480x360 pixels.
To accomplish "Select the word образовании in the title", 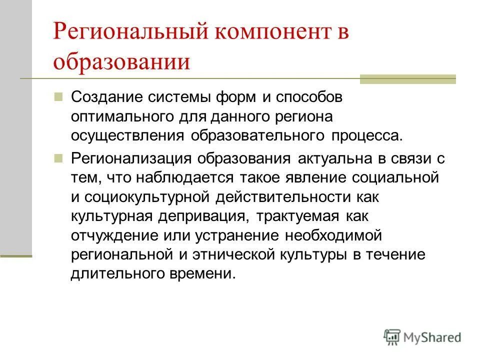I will tap(122, 62).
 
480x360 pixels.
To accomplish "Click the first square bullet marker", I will tap(58, 95).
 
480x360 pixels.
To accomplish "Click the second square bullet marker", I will tap(58, 157).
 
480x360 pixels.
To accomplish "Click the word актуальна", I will tap(332, 158).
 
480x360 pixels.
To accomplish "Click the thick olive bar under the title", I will tap(408, 79).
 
